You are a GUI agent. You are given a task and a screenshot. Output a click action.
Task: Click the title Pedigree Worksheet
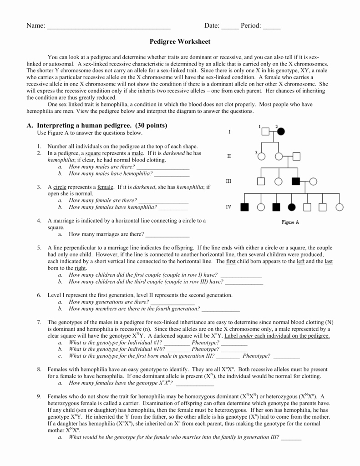click(x=180, y=41)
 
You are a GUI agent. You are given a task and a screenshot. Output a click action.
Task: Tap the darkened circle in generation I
click(x=281, y=132)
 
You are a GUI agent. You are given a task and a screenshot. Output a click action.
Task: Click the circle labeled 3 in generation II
click(x=261, y=156)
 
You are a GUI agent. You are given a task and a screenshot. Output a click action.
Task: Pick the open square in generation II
click(x=297, y=156)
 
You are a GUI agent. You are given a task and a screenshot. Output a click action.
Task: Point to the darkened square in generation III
click(x=296, y=181)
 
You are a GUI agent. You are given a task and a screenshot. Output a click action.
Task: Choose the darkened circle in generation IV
click(x=291, y=207)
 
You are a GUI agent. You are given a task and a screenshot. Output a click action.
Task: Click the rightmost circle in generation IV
click(x=340, y=207)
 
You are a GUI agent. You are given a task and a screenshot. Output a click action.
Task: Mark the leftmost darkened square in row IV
click(x=245, y=207)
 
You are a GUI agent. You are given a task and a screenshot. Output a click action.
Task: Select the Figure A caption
click(x=290, y=223)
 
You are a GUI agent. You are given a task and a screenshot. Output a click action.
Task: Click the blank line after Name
click(x=109, y=26)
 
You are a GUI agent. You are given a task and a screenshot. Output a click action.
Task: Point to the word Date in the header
click(x=212, y=26)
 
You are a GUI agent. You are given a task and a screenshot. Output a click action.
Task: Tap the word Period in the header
click(x=251, y=26)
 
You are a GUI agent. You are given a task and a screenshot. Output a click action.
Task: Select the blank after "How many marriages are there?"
click(x=167, y=235)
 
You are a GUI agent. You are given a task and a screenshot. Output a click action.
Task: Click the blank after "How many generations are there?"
click(x=172, y=302)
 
